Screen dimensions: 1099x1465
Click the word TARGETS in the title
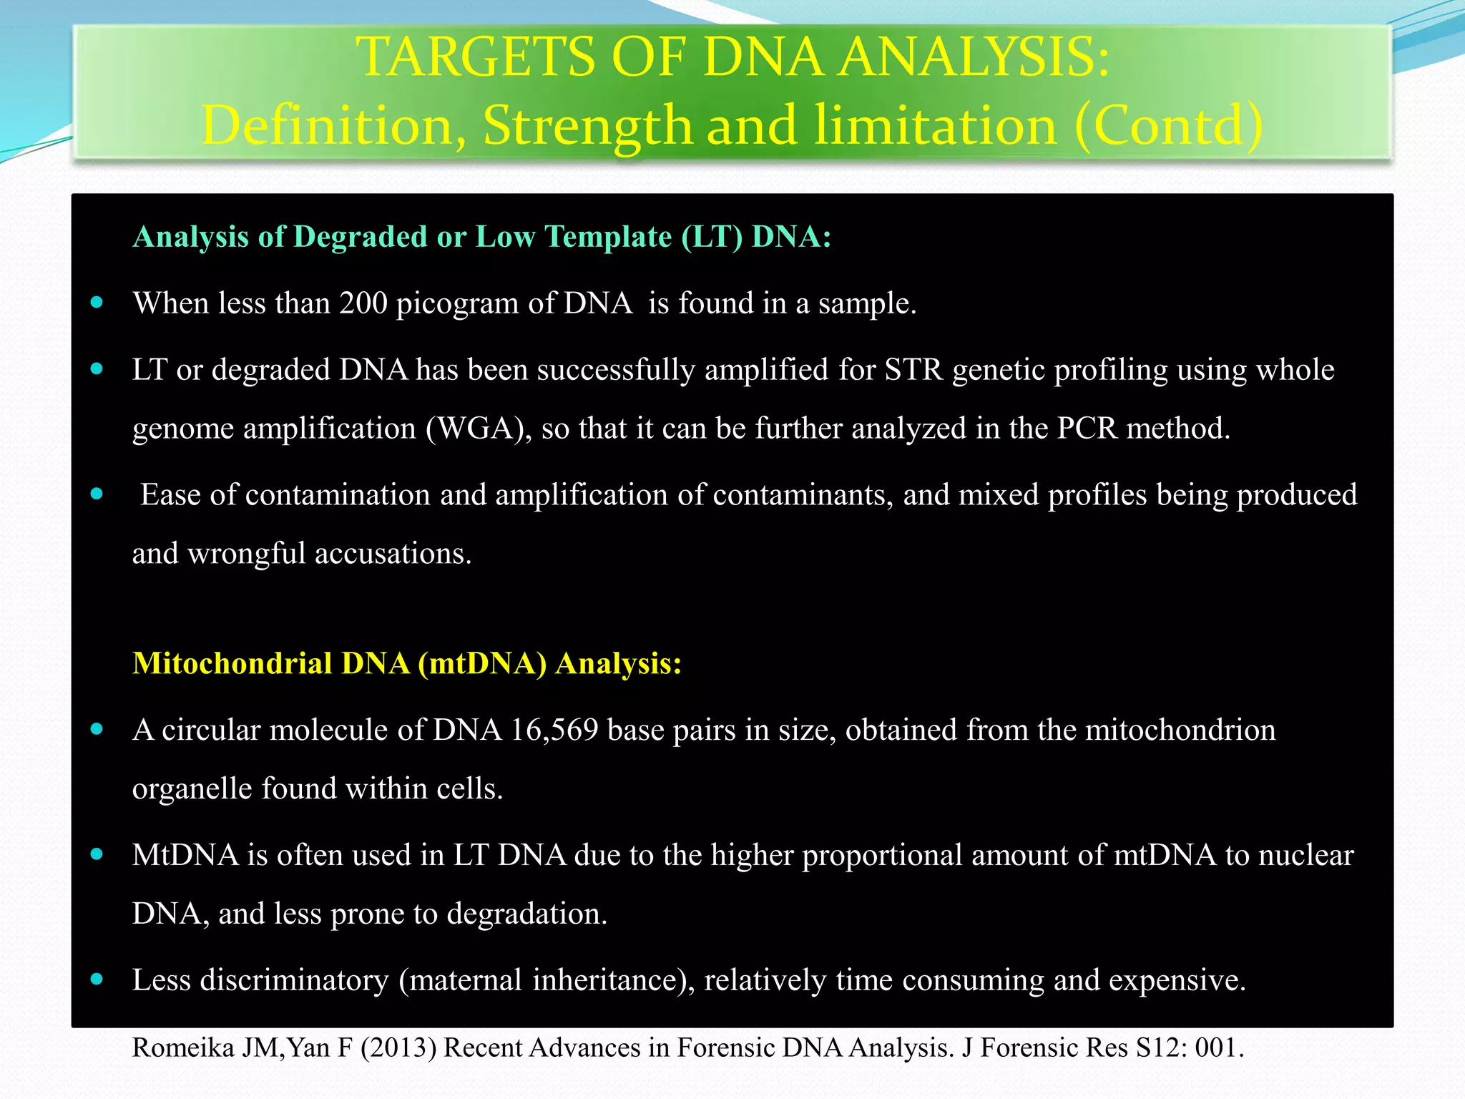click(x=475, y=57)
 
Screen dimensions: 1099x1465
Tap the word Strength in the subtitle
click(x=587, y=126)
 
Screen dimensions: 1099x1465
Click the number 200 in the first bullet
click(x=363, y=303)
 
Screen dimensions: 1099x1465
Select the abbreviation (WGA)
click(x=479, y=429)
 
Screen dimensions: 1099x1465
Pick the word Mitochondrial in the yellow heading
click(x=232, y=663)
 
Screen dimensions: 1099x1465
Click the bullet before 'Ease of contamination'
click(x=97, y=494)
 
